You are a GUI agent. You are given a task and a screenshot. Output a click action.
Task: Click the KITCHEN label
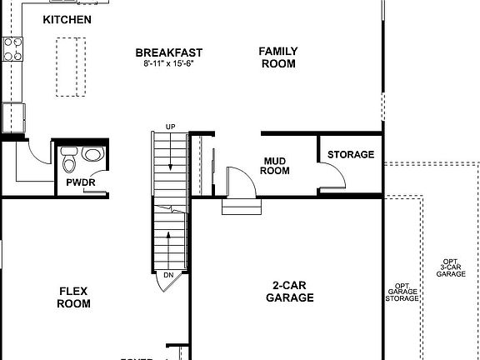click(67, 19)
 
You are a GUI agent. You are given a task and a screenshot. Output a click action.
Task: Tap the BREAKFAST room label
click(168, 53)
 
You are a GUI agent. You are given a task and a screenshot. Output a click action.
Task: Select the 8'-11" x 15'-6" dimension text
click(168, 64)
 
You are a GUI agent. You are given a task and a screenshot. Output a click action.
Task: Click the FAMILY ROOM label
click(277, 57)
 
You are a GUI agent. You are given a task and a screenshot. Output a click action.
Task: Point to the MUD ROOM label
click(276, 165)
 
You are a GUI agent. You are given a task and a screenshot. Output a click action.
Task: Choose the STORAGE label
click(350, 155)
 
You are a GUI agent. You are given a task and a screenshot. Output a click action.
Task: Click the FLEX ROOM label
click(73, 297)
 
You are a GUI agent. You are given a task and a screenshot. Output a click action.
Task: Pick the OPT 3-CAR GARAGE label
click(451, 267)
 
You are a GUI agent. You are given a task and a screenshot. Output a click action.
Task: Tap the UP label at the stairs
click(171, 127)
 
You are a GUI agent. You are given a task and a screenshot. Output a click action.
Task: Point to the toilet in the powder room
click(69, 156)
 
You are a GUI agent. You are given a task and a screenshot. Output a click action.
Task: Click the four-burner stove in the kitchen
click(12, 49)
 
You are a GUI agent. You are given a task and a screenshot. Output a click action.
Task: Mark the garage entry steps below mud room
click(241, 206)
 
